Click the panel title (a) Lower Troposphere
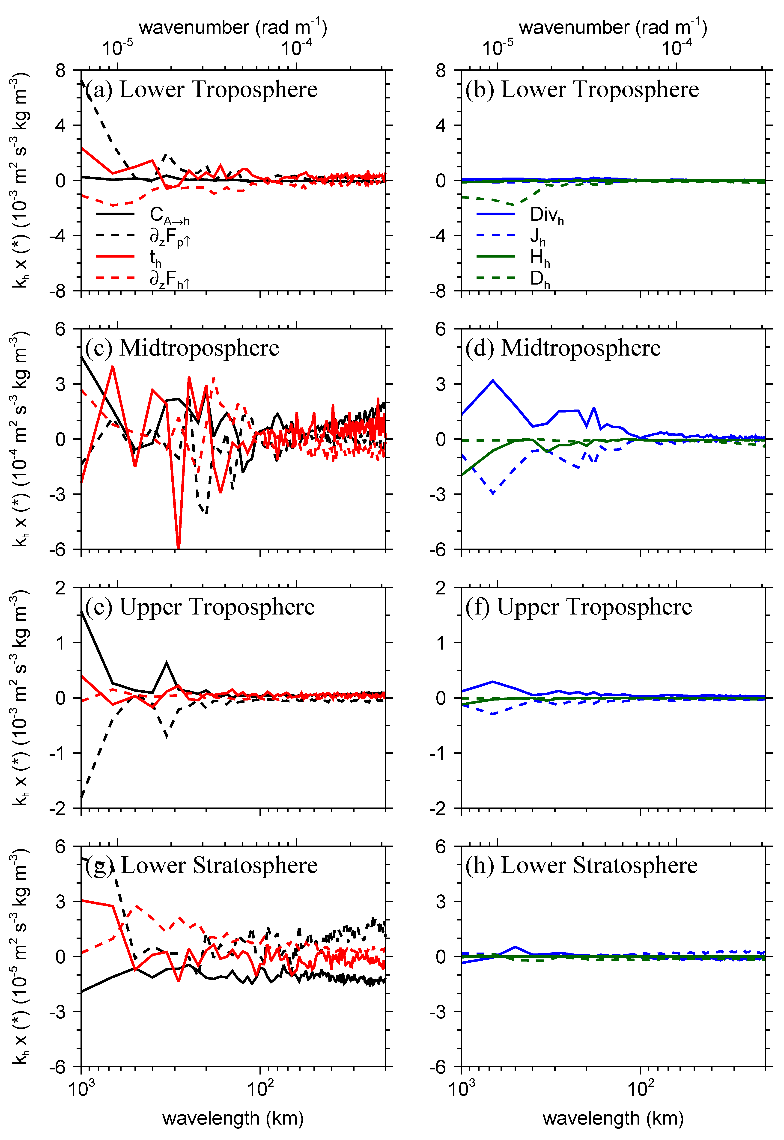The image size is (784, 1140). (201, 90)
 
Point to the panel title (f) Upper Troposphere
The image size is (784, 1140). (579, 607)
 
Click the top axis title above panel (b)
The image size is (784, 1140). (613, 27)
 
